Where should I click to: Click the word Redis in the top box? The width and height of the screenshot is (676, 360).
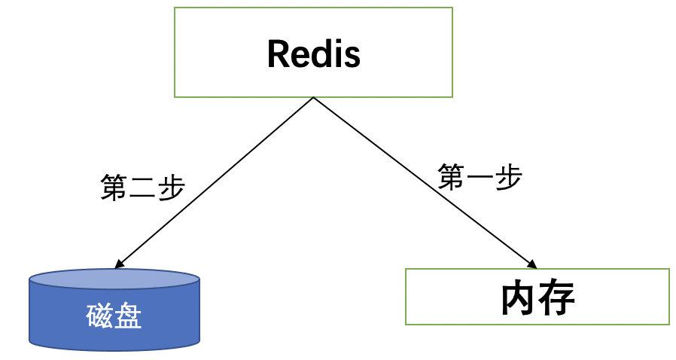coord(313,53)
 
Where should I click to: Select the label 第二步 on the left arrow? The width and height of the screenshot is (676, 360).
coord(142,188)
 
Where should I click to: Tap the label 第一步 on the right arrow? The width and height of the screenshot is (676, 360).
coord(480,178)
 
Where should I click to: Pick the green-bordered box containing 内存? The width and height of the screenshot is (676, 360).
coord(537,297)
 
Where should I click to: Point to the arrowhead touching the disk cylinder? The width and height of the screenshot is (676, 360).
coord(117,264)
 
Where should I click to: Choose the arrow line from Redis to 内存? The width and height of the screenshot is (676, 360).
coord(422,181)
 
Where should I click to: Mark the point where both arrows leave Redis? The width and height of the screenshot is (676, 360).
coord(313,98)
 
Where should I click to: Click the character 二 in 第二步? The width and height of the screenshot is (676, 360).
coord(142,188)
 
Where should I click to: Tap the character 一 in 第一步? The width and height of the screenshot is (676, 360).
coord(480,178)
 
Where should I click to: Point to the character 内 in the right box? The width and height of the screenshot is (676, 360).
coord(519,298)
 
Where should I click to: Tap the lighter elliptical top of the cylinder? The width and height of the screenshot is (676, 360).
coord(114,281)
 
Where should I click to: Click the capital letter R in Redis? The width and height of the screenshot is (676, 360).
coord(278,53)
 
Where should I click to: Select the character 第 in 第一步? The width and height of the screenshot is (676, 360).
coord(452,178)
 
